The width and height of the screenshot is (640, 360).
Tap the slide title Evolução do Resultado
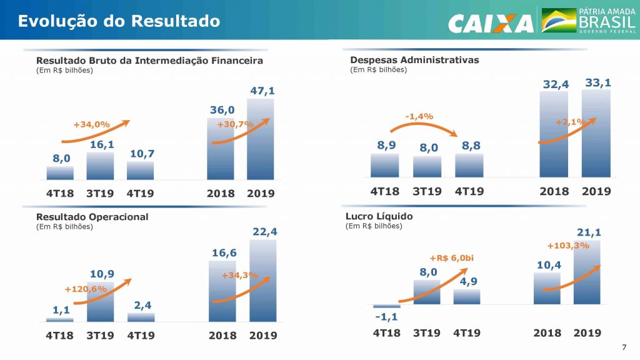[119, 21]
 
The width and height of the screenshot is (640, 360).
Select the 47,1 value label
[262, 91]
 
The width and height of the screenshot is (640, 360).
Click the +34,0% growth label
[91, 124]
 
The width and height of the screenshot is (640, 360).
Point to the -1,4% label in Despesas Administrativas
[419, 116]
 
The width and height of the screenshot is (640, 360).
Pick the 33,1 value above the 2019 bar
[598, 82]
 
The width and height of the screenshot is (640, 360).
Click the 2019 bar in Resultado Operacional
[262, 281]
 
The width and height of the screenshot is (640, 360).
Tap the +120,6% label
[86, 289]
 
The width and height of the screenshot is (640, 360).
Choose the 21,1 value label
[589, 233]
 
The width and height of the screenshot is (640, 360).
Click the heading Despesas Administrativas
[414, 60]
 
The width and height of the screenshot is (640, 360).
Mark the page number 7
[624, 347]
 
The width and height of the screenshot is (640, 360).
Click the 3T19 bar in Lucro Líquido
[427, 292]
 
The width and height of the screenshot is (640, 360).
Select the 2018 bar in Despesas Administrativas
[554, 134]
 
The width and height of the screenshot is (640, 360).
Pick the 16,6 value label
[223, 252]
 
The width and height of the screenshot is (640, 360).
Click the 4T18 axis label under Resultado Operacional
[60, 336]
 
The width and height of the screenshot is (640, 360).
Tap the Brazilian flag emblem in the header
[559, 20]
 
